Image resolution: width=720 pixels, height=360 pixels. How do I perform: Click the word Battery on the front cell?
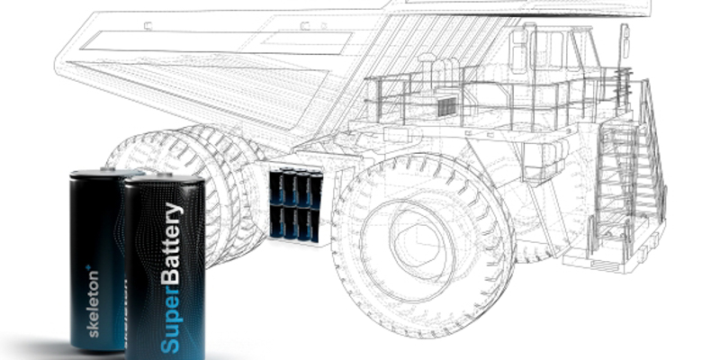tap(173, 243)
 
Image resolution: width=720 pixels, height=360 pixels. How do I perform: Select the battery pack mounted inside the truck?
tap(296, 205)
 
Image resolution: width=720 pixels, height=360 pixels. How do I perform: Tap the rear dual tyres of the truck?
tap(184, 193)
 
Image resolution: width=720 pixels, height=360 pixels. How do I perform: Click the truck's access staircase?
tap(629, 184)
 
